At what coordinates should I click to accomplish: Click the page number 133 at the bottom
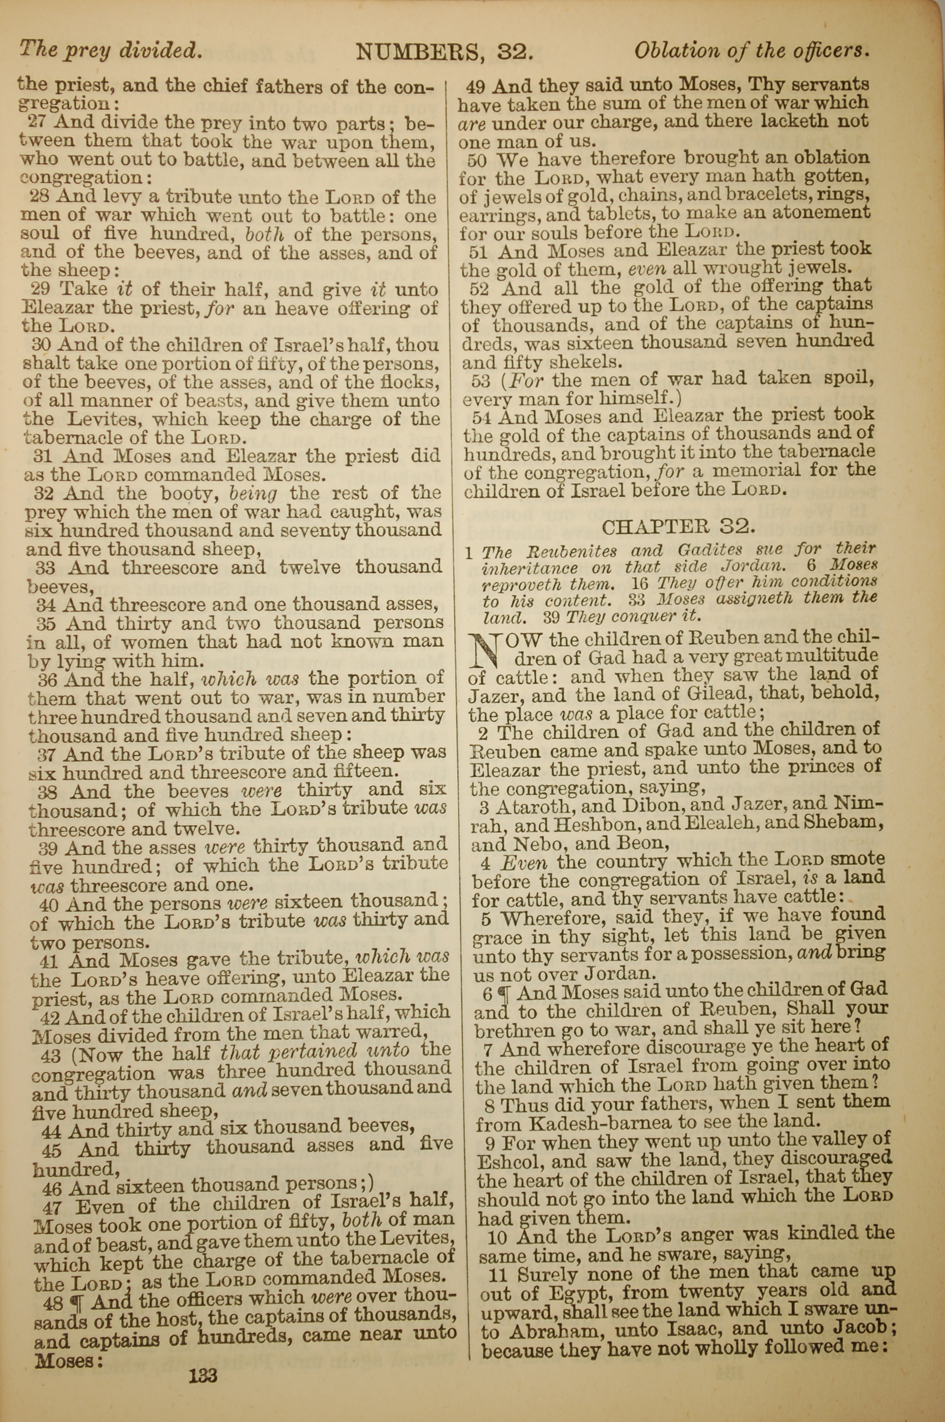(203, 1359)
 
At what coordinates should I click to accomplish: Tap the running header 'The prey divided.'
(110, 50)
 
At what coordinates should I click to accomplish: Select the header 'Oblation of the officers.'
(752, 51)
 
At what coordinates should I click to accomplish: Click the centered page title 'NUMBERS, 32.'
(445, 52)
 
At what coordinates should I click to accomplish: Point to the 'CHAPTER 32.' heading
(678, 527)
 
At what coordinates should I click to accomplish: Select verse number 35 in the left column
(46, 623)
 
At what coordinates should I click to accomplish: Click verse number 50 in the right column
(477, 160)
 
